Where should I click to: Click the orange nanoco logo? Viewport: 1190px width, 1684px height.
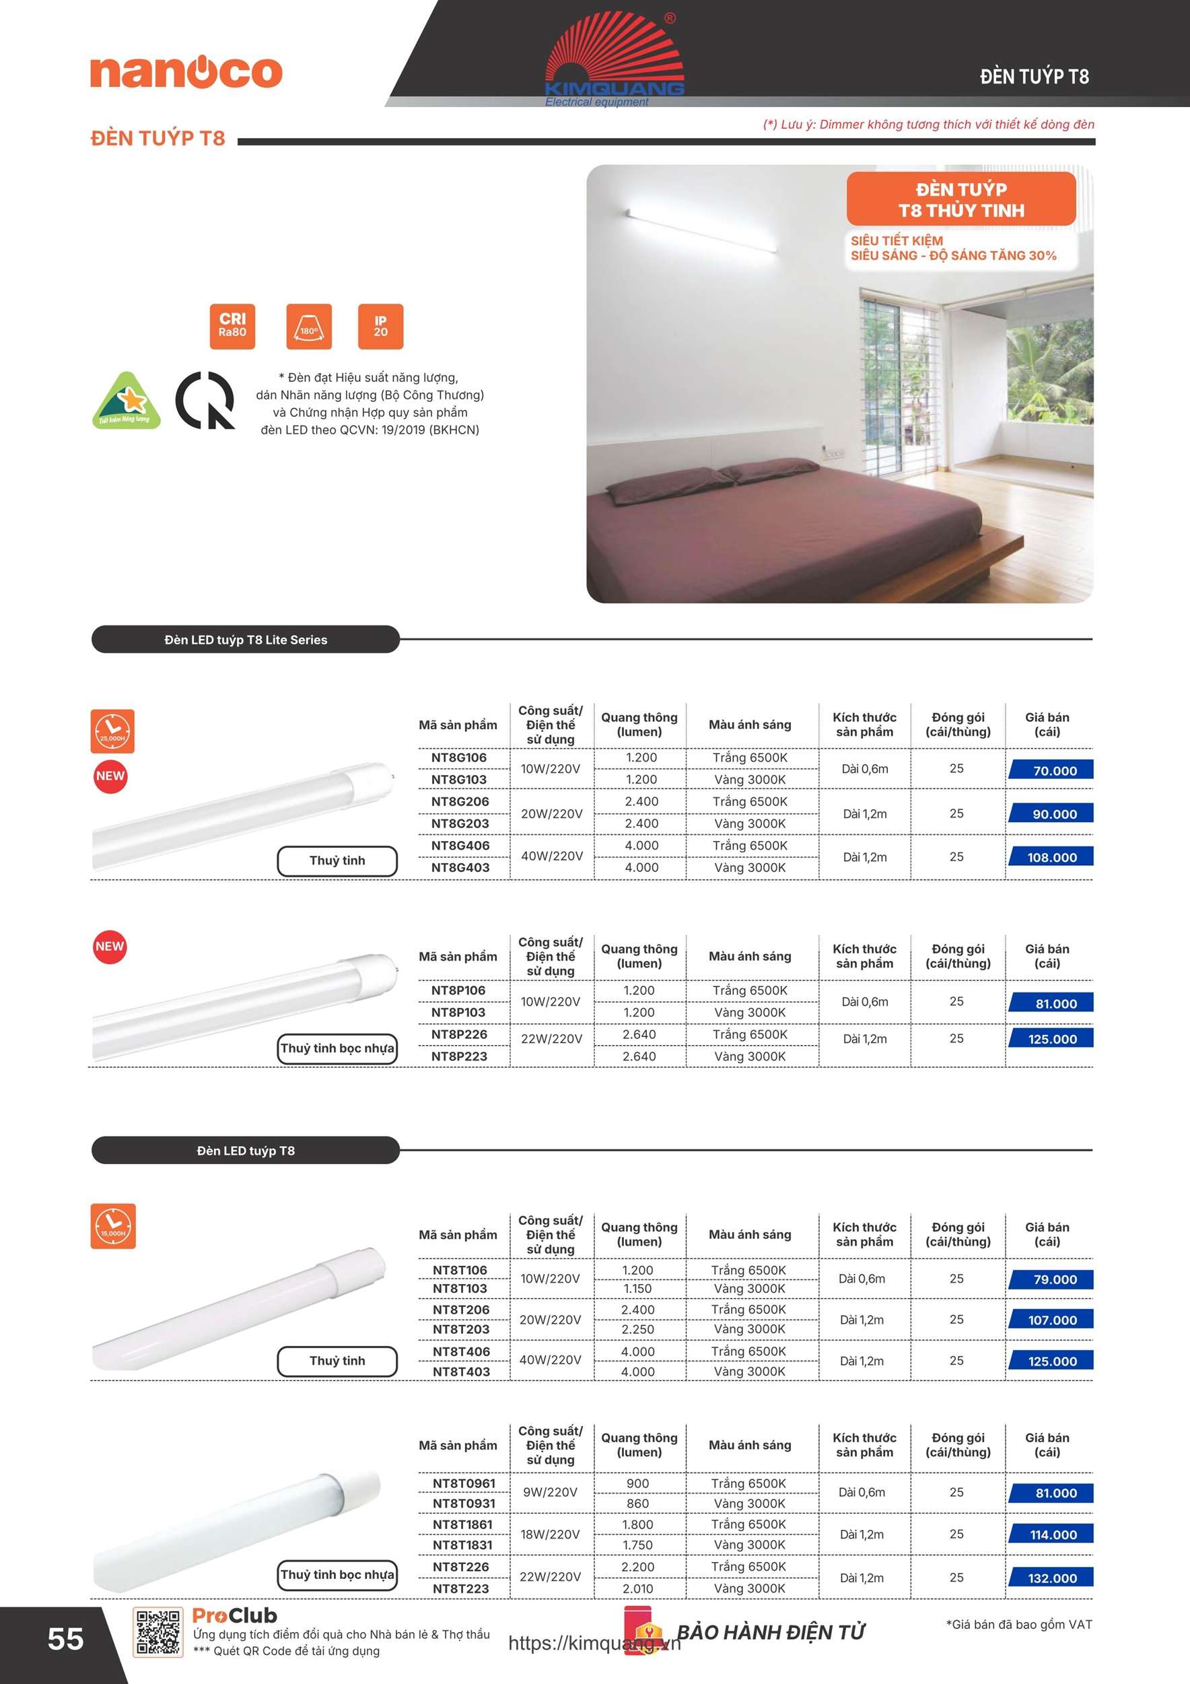pyautogui.click(x=186, y=72)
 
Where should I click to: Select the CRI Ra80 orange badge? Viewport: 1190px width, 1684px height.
pyautogui.click(x=232, y=326)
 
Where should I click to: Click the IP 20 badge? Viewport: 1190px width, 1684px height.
pyautogui.click(x=380, y=326)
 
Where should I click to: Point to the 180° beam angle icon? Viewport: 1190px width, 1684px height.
pyautogui.click(x=309, y=326)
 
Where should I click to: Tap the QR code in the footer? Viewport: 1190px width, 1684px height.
pyautogui.click(x=157, y=1632)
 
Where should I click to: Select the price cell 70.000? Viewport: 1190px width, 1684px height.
pyautogui.click(x=1052, y=770)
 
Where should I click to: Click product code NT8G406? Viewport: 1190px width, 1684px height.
pyautogui.click(x=460, y=846)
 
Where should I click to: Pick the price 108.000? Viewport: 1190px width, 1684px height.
pyautogui.click(x=1052, y=856)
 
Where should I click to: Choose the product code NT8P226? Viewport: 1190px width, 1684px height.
pyautogui.click(x=459, y=1034)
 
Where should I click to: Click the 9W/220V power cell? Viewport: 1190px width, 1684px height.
pyautogui.click(x=550, y=1492)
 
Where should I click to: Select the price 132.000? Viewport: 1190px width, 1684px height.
pyautogui.click(x=1052, y=1578)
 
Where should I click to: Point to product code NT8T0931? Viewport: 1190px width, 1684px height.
pyautogui.click(x=463, y=1503)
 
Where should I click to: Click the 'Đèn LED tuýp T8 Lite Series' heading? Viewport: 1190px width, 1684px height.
pyautogui.click(x=246, y=640)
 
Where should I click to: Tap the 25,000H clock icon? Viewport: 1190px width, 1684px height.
pyautogui.click(x=112, y=731)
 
